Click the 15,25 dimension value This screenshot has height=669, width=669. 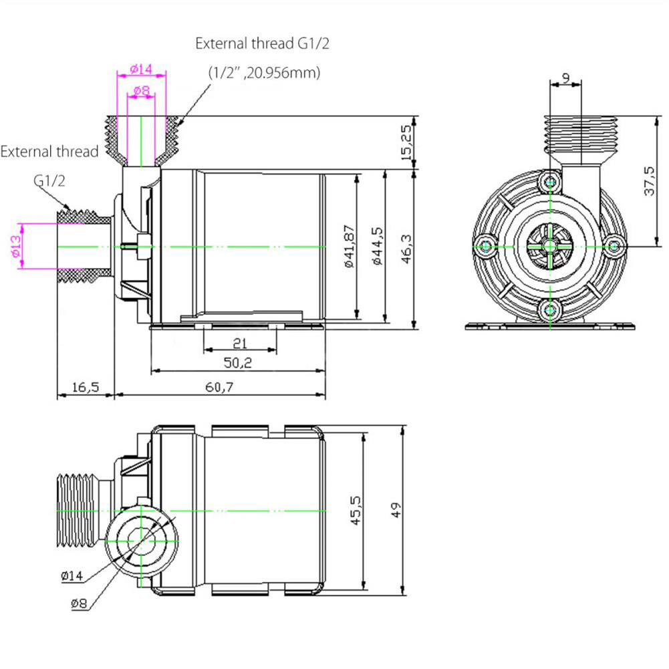point(405,142)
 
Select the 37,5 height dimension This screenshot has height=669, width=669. point(648,181)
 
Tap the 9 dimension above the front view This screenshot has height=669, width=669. point(566,78)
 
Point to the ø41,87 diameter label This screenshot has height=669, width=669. point(348,246)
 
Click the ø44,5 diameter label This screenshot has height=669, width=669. point(377,246)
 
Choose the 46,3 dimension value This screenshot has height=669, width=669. point(406,249)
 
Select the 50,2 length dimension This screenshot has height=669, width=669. point(238,364)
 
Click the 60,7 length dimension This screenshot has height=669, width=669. point(219,388)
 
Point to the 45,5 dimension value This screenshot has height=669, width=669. point(354,511)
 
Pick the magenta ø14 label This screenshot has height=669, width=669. point(141,69)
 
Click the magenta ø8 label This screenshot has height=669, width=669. point(141,90)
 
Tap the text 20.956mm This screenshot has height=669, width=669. point(283,73)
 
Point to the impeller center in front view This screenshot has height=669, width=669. point(549,246)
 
